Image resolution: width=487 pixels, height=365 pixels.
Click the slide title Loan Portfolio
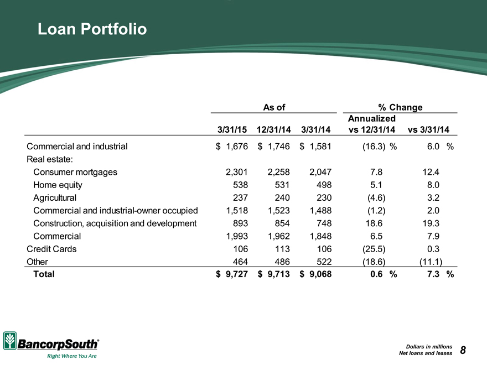coord(92,29)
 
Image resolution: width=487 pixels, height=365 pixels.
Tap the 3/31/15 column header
coord(232,129)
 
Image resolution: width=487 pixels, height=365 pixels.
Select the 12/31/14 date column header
coord(273,129)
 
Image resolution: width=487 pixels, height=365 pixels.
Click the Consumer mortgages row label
coord(75,172)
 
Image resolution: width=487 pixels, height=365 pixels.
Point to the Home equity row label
coord(58,185)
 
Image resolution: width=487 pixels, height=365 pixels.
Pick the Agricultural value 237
coord(240,198)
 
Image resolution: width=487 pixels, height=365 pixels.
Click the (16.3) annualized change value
coord(374,147)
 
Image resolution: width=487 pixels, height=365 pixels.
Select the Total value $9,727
coord(232,274)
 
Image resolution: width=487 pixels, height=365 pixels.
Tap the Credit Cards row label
coord(51,249)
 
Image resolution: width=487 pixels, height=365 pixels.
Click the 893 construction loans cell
coord(240,223)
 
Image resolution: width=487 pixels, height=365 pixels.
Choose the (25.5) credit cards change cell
coord(374,249)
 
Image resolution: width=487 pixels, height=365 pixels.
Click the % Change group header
coord(400,107)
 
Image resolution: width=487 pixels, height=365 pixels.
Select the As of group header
coord(274,107)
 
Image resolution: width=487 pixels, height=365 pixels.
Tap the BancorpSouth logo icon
coord(10,341)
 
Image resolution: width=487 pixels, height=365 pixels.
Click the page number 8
coord(463,350)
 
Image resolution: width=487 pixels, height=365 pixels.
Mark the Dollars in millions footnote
coord(429,346)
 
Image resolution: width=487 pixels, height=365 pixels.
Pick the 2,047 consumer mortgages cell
coord(320,172)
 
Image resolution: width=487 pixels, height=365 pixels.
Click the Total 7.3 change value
coord(433,274)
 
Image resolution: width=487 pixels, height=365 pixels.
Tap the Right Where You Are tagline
coord(72,356)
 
